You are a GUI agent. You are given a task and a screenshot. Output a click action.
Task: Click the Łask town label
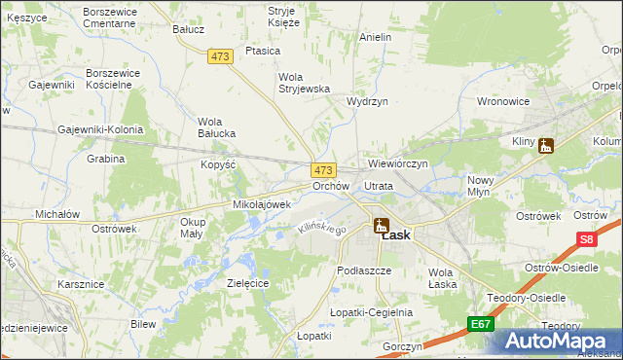click(395, 235)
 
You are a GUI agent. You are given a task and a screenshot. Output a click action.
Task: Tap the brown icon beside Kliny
click(546, 146)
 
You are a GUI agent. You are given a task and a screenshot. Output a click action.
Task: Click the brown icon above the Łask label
click(381, 226)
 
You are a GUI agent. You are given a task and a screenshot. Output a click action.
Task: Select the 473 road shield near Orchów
click(323, 169)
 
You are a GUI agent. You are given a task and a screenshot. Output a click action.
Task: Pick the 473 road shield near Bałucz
click(219, 57)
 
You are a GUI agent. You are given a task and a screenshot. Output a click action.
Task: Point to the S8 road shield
click(585, 238)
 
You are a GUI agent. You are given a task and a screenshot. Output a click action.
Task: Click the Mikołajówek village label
click(262, 205)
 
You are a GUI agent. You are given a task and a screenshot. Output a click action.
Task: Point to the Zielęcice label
click(247, 282)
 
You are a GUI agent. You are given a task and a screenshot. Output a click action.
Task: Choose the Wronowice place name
click(502, 100)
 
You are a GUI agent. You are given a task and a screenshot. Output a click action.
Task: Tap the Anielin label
click(375, 37)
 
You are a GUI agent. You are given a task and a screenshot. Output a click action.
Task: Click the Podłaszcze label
click(363, 270)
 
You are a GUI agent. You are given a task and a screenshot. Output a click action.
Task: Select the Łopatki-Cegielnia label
click(371, 312)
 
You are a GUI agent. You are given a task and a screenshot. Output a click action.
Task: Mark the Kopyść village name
click(219, 164)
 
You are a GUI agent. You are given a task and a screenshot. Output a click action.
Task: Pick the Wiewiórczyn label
click(398, 163)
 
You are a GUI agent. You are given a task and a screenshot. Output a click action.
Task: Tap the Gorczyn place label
click(402, 346)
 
